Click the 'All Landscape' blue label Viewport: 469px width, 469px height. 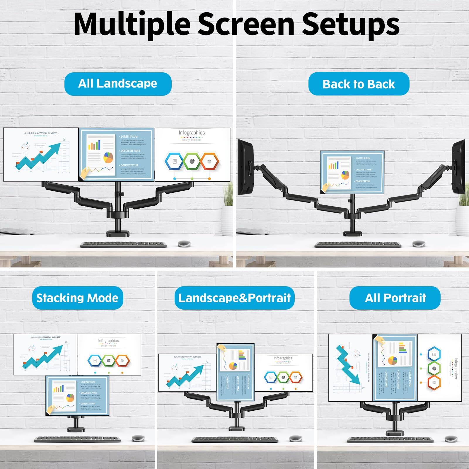click(118, 84)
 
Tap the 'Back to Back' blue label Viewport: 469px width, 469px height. click(359, 84)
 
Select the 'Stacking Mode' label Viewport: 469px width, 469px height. click(77, 298)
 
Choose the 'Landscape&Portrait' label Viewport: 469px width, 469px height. click(234, 298)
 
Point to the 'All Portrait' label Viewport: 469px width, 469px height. click(395, 298)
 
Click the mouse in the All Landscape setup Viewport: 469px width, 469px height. click(184, 244)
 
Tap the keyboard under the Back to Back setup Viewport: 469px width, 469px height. click(358, 245)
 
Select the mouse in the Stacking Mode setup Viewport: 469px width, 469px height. click(138, 438)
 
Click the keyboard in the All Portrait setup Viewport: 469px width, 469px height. click(390, 440)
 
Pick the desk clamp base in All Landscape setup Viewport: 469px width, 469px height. click(117, 233)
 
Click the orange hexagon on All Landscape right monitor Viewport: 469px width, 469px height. click(209, 161)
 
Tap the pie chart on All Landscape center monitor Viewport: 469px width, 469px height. click(108, 158)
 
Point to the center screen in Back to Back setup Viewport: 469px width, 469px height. click(352, 172)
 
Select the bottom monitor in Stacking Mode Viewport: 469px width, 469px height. click(77, 395)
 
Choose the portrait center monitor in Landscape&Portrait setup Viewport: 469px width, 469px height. click(235, 372)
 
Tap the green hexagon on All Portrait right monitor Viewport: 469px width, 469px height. click(434, 368)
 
